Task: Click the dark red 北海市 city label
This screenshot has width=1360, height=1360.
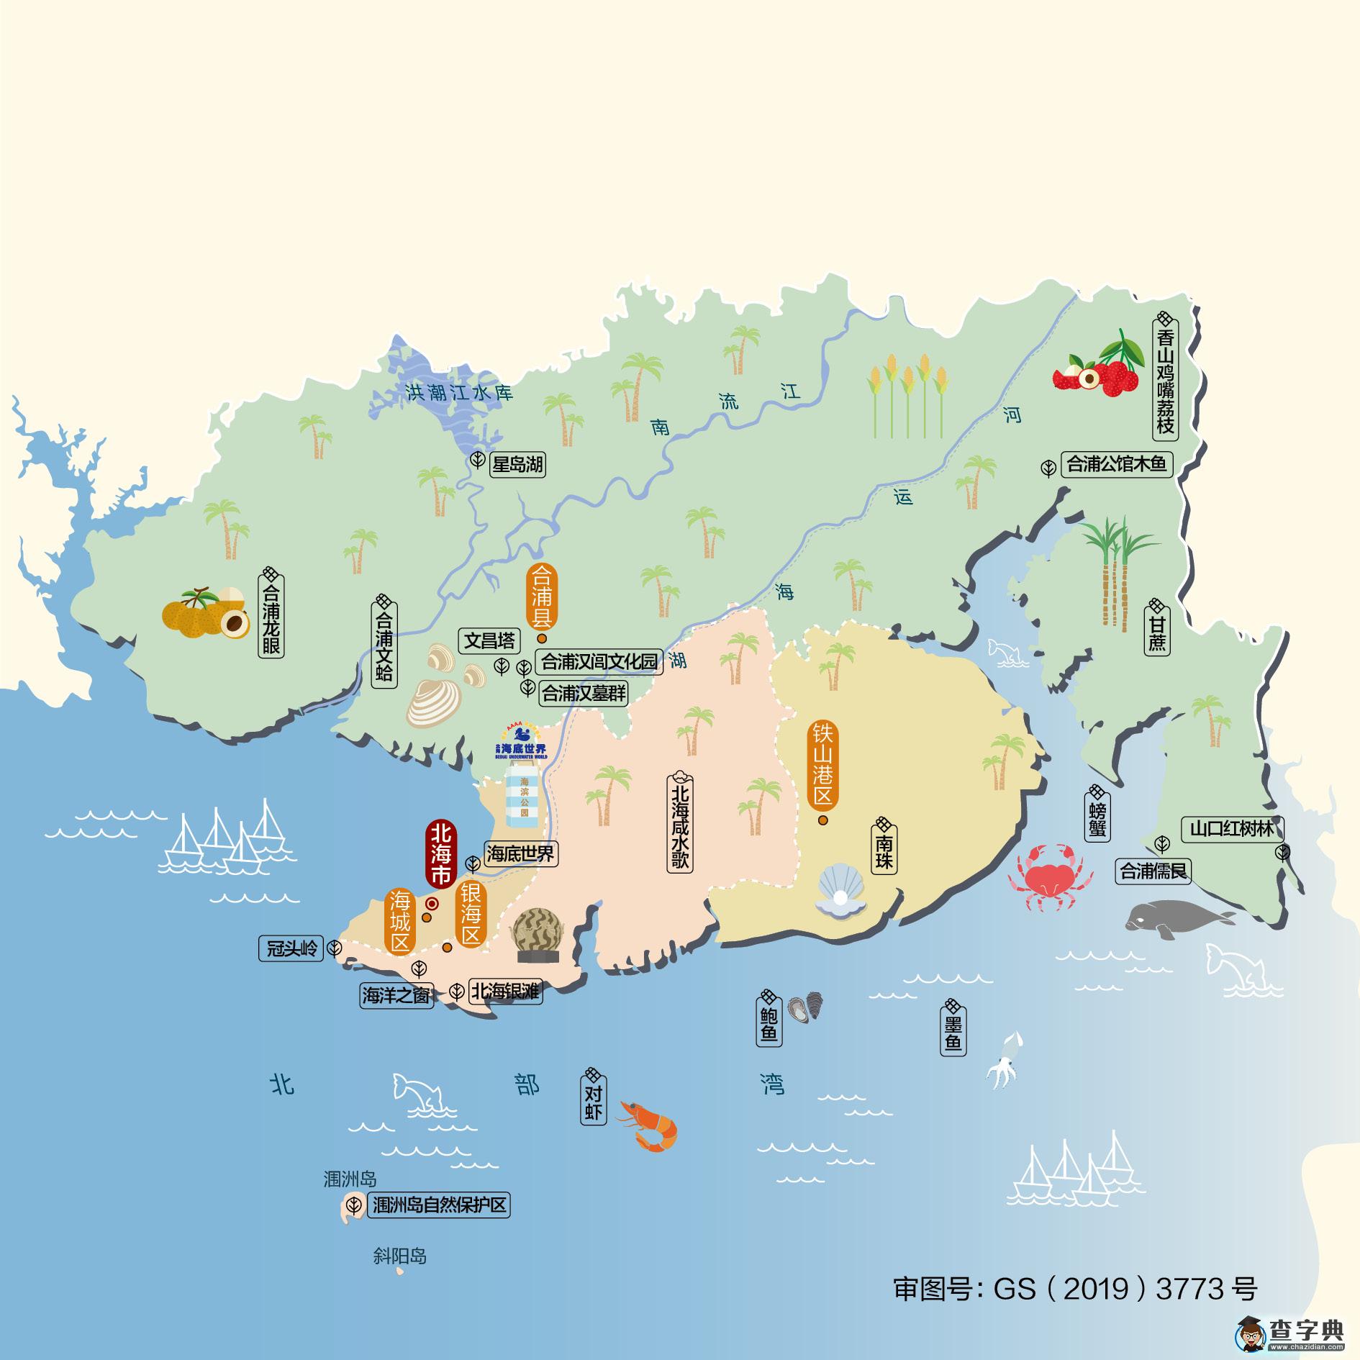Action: [440, 855]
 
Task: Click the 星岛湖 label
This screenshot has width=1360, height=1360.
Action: [517, 465]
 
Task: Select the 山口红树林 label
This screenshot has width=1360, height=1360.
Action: [1231, 830]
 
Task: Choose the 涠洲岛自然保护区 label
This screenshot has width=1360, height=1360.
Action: [439, 1205]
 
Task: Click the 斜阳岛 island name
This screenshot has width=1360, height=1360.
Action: [400, 1256]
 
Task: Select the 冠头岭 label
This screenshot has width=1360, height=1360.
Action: [292, 948]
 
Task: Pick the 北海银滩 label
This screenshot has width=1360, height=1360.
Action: [504, 992]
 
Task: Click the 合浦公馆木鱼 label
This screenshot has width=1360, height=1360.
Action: [1115, 465]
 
